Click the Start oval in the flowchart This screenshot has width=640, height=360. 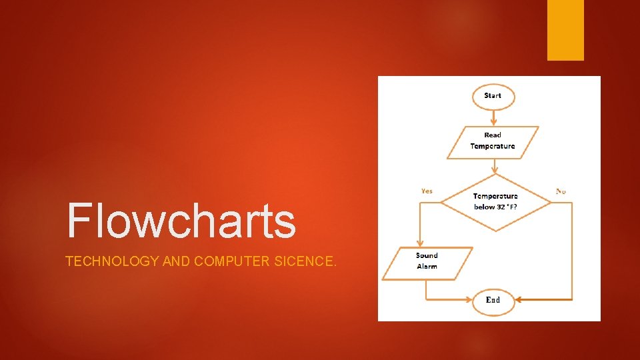(x=493, y=96)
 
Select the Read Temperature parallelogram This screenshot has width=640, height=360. (x=493, y=141)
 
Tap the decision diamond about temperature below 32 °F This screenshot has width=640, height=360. (x=496, y=202)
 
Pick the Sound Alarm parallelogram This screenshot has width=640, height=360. (x=427, y=261)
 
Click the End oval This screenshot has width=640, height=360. (x=493, y=300)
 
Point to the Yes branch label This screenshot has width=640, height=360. (x=427, y=191)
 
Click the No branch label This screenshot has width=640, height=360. (x=561, y=191)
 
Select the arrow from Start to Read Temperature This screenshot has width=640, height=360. (x=493, y=117)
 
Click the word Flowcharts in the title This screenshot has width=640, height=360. (x=181, y=221)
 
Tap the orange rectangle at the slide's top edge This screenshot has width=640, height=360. (x=565, y=30)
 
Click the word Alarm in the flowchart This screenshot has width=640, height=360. (x=427, y=267)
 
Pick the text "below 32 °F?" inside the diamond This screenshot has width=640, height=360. (x=496, y=207)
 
